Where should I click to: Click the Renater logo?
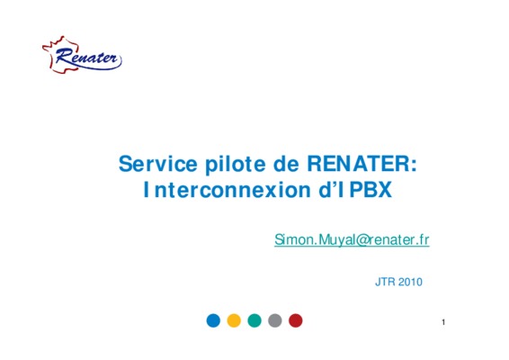tap(82, 55)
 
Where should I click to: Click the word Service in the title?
tap(158, 164)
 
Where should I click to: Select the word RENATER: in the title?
tap(362, 164)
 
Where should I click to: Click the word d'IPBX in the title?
tap(355, 190)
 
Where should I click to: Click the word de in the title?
tap(286, 164)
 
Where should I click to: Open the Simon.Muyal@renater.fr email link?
tap(352, 239)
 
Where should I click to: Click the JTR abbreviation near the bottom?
tap(385, 282)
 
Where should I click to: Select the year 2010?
tap(410, 282)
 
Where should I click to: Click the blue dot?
tap(213, 320)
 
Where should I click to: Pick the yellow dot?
tap(234, 320)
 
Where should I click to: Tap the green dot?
tap(254, 320)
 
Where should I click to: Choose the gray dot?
tap(275, 320)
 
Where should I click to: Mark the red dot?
tap(295, 320)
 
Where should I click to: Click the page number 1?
tap(443, 322)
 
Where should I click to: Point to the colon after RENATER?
tap(414, 166)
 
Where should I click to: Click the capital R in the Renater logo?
tap(63, 56)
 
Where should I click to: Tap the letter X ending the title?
tap(385, 190)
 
